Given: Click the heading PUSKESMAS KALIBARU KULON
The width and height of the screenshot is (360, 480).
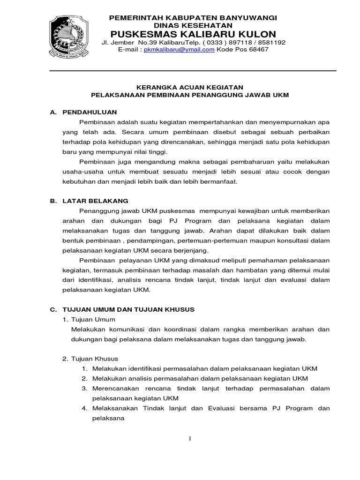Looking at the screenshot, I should click(193, 34).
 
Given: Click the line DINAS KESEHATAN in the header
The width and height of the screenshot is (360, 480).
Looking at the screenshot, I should click(193, 25).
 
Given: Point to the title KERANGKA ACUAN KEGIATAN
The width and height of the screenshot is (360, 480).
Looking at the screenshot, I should click(190, 87).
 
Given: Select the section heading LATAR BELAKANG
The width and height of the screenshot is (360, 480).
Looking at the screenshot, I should click(95, 201).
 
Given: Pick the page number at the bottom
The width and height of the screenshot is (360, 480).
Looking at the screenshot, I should click(190, 438).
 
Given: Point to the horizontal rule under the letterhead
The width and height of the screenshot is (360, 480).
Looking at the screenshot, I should click(193, 71).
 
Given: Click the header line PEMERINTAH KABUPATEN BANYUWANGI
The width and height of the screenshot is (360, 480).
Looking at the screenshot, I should click(193, 17).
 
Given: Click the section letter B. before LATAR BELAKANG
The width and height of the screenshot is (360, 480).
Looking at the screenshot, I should click(53, 201).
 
